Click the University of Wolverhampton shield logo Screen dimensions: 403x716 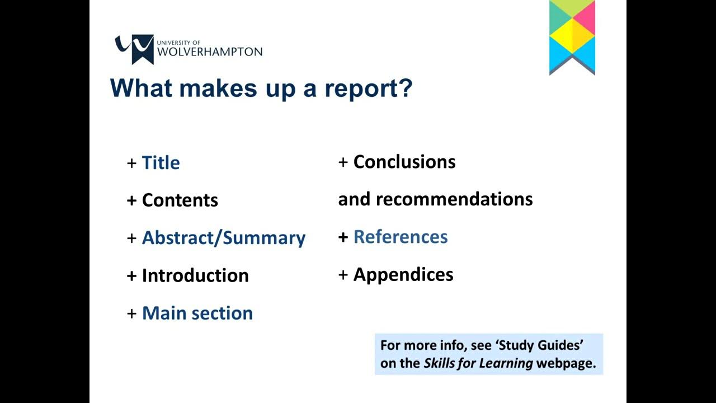134,48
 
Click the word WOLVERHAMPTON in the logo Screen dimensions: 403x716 210,52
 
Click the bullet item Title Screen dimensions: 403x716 161,163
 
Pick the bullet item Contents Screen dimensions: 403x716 180,200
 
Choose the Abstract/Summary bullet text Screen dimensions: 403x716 223,238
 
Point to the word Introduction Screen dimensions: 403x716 195,275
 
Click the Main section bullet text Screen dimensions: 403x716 197,313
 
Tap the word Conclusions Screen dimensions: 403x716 404,162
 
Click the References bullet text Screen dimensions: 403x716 400,237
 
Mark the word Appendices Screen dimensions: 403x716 403,275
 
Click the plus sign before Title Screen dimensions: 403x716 132,163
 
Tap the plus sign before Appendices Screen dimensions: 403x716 343,275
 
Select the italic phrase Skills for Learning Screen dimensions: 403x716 478,363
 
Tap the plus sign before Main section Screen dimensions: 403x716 132,313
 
